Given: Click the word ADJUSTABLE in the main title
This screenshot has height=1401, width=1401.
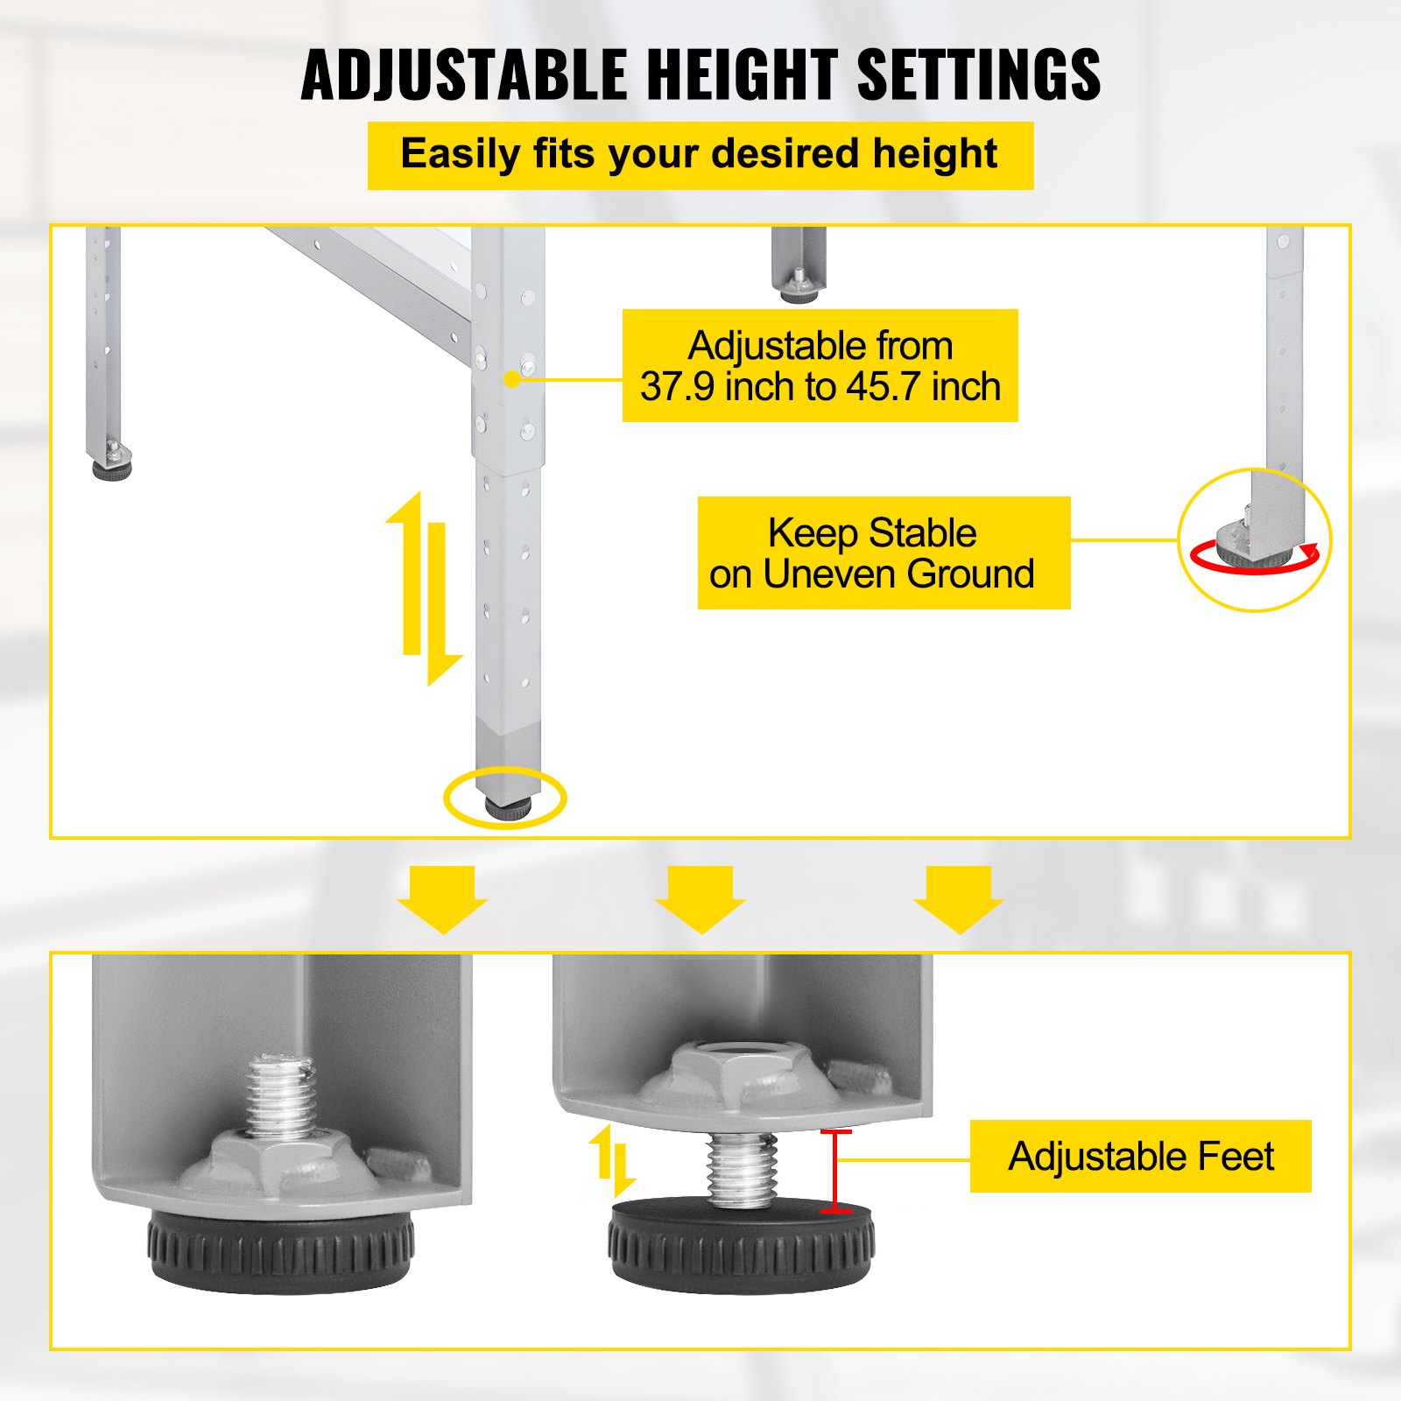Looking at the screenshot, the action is (465, 75).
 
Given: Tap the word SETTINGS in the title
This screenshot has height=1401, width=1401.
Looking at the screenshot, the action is (979, 75).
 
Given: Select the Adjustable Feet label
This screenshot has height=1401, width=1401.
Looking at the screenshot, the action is (1140, 1156).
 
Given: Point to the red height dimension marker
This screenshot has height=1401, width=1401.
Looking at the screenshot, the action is (836, 1172).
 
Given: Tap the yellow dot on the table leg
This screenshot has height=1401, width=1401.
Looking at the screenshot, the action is (513, 379).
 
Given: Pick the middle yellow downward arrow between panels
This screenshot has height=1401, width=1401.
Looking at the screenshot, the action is (700, 899).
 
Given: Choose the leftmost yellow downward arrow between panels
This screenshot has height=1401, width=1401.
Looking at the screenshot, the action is (442, 899).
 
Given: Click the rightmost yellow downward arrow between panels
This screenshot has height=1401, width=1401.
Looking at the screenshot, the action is (959, 899).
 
